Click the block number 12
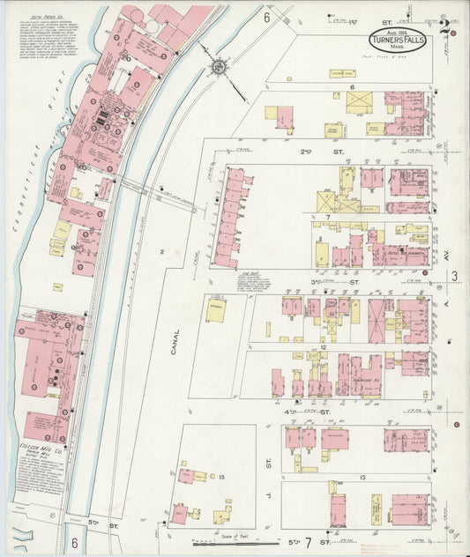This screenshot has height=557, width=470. [x=324, y=347]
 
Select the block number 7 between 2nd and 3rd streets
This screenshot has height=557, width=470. [x=326, y=216]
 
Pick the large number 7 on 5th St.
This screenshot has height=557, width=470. [x=309, y=539]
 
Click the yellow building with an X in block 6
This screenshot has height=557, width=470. [x=358, y=103]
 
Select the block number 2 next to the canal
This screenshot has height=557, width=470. [x=162, y=252]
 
